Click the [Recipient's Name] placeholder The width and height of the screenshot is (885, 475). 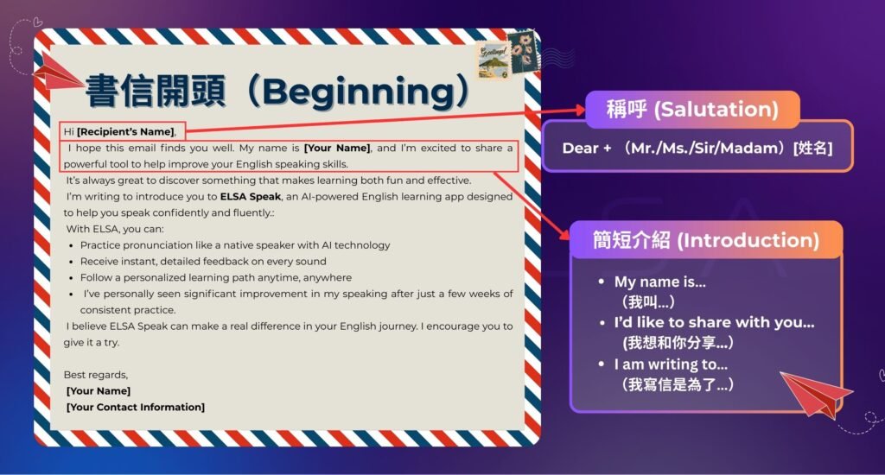click(126, 132)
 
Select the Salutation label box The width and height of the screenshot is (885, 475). click(691, 110)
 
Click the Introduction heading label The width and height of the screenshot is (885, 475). click(705, 240)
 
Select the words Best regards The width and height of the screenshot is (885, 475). click(96, 375)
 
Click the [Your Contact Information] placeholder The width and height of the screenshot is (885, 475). click(136, 407)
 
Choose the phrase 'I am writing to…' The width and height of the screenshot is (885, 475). click(671, 364)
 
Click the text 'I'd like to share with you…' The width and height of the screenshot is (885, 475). click(714, 323)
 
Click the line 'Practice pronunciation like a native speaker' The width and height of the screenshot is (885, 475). click(235, 245)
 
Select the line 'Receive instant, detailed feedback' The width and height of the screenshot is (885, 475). click(203, 262)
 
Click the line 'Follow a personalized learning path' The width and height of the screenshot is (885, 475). click(216, 278)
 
